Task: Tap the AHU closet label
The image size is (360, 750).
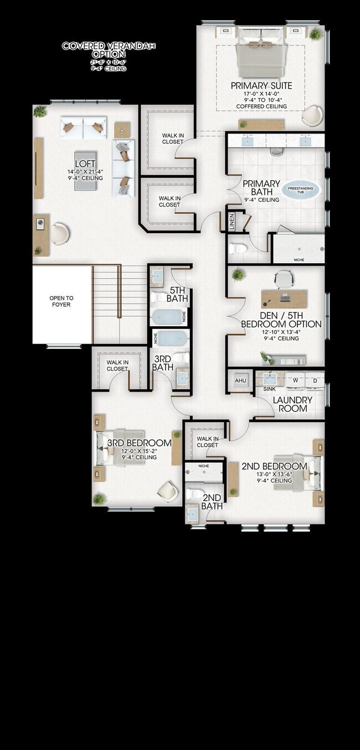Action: pyautogui.click(x=240, y=381)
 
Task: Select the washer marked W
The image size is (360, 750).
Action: pyautogui.click(x=295, y=380)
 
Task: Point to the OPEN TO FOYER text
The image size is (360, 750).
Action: pyautogui.click(x=61, y=301)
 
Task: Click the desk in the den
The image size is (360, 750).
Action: pyautogui.click(x=284, y=297)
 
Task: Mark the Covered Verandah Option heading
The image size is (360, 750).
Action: pyautogui.click(x=94, y=50)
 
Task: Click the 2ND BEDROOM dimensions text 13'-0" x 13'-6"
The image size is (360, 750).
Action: pyautogui.click(x=274, y=474)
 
